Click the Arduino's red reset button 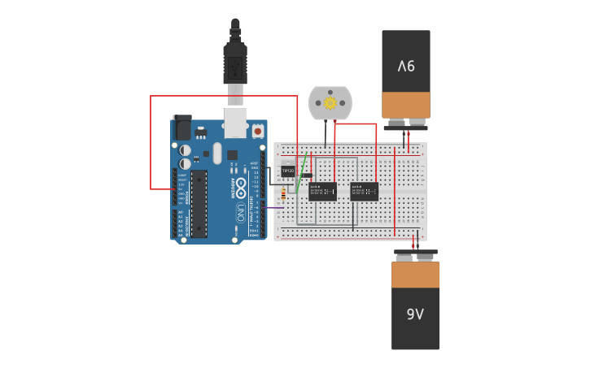pos(258,130)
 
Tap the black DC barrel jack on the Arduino pos(183,128)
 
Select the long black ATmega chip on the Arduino pos(199,204)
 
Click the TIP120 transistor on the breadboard pos(287,171)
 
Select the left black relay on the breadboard pos(323,192)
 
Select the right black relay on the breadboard pos(364,192)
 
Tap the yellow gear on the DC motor pos(330,103)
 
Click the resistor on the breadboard pos(282,193)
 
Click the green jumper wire pos(302,172)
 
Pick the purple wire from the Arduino pos(275,208)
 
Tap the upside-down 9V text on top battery pos(406,65)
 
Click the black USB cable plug pos(235,61)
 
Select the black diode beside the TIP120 pos(307,175)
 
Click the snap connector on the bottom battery pos(415,255)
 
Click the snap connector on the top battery pos(405,124)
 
